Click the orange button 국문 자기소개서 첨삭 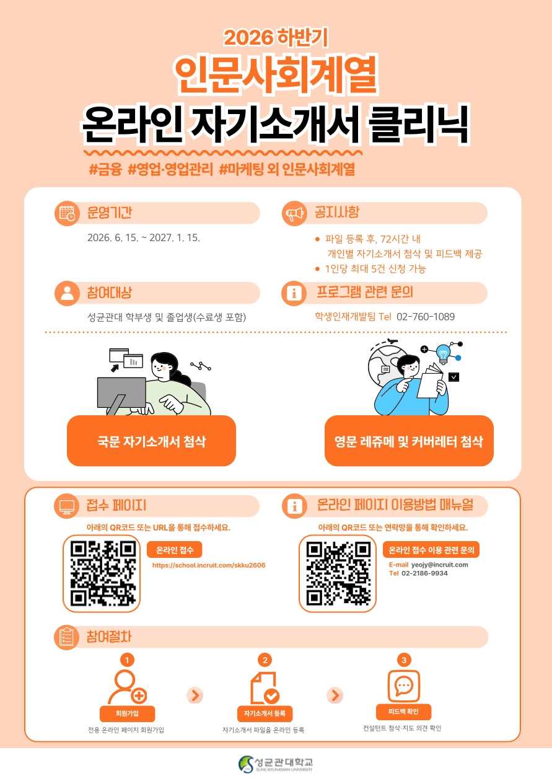151,441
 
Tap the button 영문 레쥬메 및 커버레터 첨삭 409,441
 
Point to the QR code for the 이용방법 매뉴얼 338,573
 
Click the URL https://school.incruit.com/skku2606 209,565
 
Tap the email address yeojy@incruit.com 439,565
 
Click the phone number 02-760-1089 426,317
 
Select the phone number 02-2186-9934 424,573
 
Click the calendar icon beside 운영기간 68,213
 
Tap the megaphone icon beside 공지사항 294,213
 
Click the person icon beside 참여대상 68,293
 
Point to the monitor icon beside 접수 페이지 66,506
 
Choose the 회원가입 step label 127,713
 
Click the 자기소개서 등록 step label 265,713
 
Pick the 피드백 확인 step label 403,712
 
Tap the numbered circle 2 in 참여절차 265,660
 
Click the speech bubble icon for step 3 404,686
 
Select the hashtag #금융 105,169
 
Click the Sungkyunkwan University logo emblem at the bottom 246,764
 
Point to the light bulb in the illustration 443,354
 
